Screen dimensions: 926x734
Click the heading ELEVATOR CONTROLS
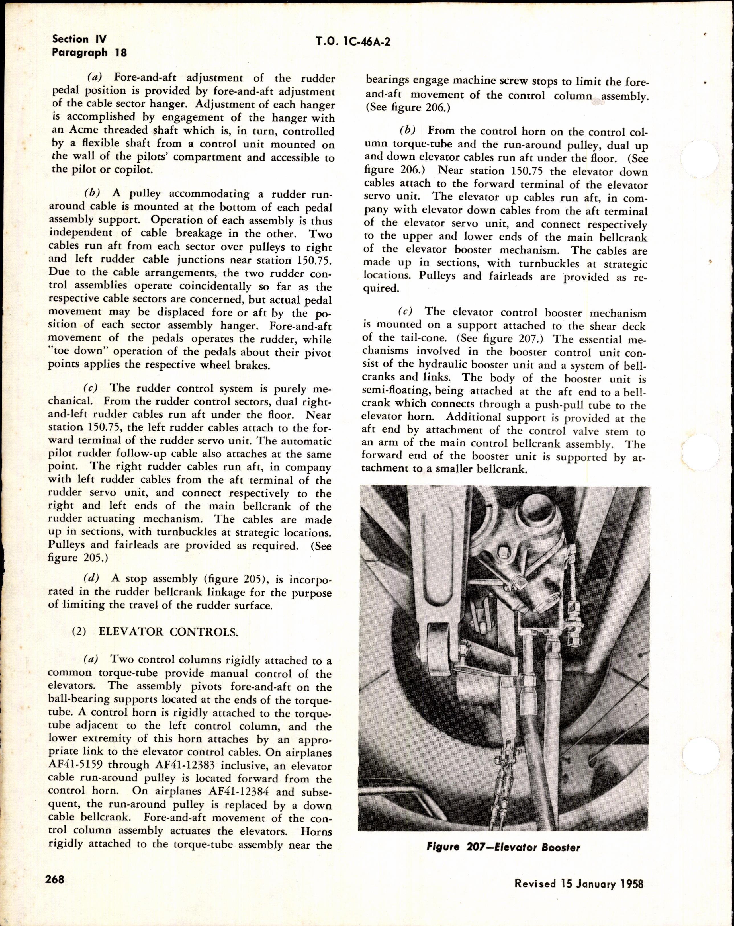(167, 644)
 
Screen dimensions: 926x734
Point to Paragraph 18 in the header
(89, 53)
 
